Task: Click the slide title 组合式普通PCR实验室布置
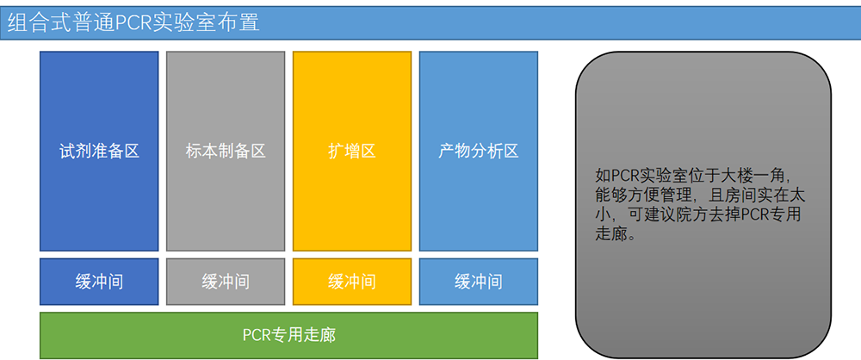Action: click(133, 23)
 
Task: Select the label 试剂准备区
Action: click(99, 151)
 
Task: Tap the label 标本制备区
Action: click(226, 151)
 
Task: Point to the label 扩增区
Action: click(352, 151)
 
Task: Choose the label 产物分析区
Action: click(479, 151)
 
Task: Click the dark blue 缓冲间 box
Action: click(99, 282)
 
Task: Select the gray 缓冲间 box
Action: click(226, 282)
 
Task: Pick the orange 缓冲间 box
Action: click(352, 282)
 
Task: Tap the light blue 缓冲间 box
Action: click(479, 282)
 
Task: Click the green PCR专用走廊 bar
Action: click(288, 335)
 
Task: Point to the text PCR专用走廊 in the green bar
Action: click(289, 335)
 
